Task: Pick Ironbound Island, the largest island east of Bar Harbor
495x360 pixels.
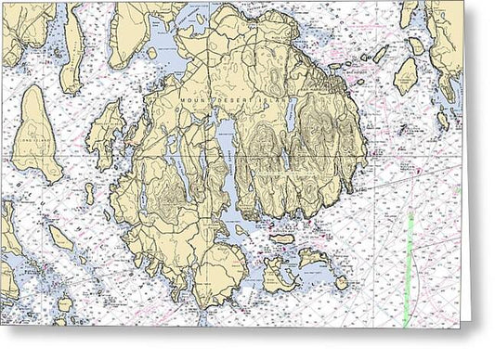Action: (x=406, y=75)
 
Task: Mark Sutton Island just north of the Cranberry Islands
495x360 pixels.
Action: (x=282, y=238)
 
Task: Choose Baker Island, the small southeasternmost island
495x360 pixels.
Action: (x=342, y=282)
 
